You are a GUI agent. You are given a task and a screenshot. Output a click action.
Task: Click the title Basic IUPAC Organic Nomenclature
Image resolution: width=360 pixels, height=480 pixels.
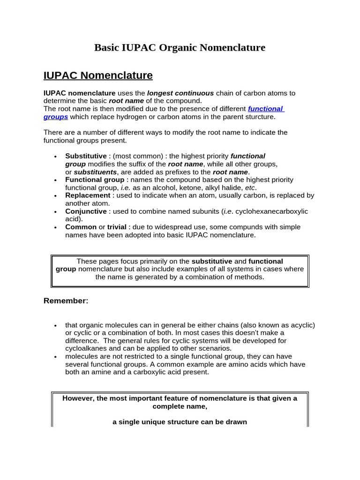tap(180, 47)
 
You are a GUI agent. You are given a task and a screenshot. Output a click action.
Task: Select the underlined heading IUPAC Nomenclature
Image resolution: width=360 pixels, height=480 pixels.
tap(98, 75)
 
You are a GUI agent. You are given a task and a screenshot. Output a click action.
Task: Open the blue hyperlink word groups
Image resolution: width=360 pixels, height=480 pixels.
tap(56, 117)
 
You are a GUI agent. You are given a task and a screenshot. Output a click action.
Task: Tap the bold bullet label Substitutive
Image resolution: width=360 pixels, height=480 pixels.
tap(86, 156)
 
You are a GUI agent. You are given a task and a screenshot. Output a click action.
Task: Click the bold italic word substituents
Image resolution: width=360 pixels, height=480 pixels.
tap(95, 172)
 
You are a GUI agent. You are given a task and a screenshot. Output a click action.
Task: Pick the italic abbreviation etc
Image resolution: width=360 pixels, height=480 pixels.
tap(250, 187)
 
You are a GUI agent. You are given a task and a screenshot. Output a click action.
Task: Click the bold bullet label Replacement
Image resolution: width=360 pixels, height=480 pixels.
tap(88, 195)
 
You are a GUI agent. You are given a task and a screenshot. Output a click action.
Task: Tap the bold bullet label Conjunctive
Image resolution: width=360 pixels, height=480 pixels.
tap(86, 211)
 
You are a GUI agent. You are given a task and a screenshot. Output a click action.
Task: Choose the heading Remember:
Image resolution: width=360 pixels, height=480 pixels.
tap(66, 301)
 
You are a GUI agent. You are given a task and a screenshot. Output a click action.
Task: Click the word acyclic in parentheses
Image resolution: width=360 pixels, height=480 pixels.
tap(301, 325)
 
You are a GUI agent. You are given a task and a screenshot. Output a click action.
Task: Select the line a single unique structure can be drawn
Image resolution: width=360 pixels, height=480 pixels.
tap(180, 422)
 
